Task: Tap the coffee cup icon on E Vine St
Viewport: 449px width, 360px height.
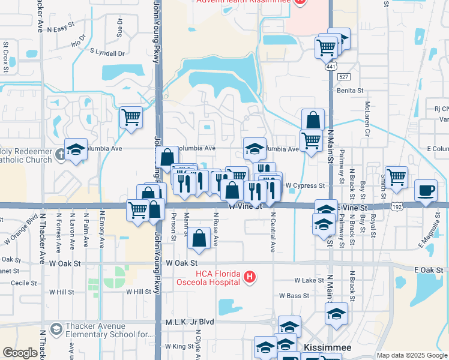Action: pos(426,190)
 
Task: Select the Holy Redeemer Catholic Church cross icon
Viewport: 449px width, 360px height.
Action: pos(60,155)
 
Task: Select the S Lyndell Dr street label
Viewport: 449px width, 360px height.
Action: pos(107,53)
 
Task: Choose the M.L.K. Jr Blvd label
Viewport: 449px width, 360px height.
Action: pos(190,322)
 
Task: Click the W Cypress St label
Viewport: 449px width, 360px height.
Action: pos(305,185)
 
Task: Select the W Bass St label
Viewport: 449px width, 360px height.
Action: pos(294,296)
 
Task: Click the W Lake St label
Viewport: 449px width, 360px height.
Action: pos(309,280)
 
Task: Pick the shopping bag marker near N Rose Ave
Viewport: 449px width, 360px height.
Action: pos(199,239)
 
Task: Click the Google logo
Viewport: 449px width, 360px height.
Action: pos(20,353)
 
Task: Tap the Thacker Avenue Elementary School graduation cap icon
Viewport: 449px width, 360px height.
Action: pos(56,329)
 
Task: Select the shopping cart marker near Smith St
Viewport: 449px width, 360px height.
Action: pos(396,178)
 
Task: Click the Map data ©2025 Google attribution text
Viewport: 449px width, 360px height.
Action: pos(412,355)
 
